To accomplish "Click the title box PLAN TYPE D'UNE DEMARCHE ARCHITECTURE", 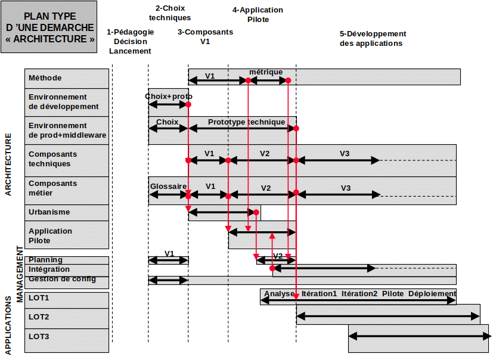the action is click(49, 27).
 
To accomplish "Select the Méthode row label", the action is click(45, 78).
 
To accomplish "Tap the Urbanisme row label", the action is click(49, 212).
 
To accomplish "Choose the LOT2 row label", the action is click(39, 317).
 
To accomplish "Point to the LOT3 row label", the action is click(39, 337).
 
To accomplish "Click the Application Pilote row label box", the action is click(67, 235).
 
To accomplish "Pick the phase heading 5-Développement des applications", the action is click(373, 39).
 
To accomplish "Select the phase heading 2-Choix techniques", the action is click(170, 13).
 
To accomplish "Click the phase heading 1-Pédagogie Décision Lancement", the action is click(130, 42).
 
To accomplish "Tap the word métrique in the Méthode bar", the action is click(266, 72).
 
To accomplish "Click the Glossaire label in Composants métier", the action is click(168, 187).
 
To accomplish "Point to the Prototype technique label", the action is click(247, 122).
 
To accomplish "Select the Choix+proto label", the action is click(169, 97).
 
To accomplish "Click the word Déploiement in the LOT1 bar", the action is click(432, 294).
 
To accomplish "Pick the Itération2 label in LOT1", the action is click(359, 294).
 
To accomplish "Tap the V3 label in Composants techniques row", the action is click(345, 153).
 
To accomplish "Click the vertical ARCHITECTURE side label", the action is click(8, 165).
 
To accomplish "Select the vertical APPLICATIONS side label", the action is click(8, 326).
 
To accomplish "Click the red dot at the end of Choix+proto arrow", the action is click(188, 104).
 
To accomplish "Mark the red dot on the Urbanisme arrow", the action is click(256, 213).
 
